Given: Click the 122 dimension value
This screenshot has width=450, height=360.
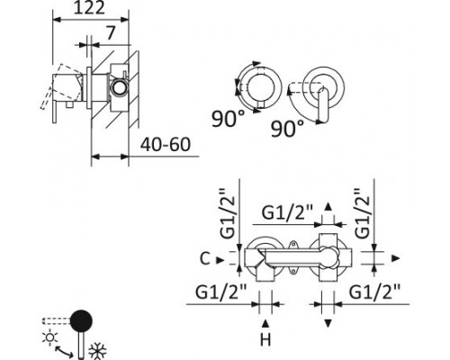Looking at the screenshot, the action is tap(89, 8).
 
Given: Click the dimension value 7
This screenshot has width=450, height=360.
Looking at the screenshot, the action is tap(111, 32).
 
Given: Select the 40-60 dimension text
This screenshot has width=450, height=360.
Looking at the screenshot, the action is tap(166, 145).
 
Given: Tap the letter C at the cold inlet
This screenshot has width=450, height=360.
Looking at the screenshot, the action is tap(204, 258).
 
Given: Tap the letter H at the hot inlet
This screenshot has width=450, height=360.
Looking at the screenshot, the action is tap(265, 340).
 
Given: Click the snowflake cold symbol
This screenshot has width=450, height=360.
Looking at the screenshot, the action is tap(97, 351).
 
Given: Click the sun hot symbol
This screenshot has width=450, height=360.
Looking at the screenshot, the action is tap(49, 337).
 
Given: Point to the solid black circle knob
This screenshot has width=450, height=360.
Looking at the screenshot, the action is tap(81, 320).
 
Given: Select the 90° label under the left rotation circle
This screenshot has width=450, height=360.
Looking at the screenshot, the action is tap(228, 119).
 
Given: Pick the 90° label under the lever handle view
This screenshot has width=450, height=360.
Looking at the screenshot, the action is tap(287, 129).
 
